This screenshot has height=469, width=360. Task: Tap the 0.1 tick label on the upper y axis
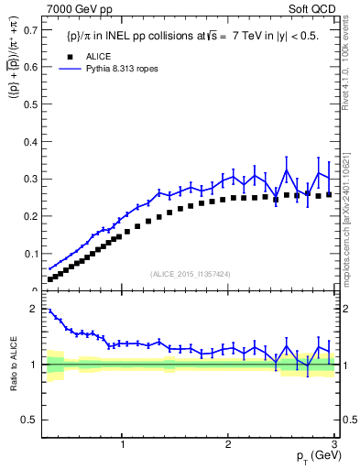tap(28, 253)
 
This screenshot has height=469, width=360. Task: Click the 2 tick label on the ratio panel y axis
tap(33, 309)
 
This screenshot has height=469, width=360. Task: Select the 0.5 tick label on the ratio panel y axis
tap(28, 420)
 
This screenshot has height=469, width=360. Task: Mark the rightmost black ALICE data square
tap(329, 194)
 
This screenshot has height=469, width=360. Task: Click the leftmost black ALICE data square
tap(50, 278)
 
